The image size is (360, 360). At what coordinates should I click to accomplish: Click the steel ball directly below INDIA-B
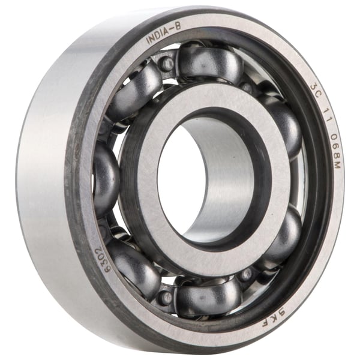[209, 62]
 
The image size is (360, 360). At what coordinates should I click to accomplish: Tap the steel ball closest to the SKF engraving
[277, 235]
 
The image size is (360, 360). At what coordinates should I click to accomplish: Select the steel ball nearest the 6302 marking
[131, 265]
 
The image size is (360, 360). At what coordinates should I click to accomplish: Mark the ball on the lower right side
[277, 235]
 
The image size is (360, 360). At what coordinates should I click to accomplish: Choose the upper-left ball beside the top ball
[136, 90]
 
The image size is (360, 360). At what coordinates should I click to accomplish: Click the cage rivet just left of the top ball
[166, 63]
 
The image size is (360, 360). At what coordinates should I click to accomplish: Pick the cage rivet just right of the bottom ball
[246, 275]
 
